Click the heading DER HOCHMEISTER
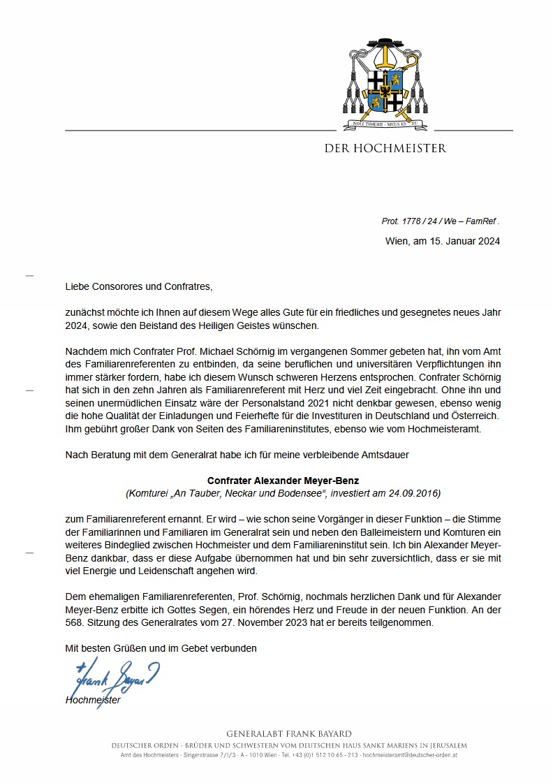pos(385,148)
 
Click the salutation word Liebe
pos(78,286)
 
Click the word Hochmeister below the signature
pos(93,700)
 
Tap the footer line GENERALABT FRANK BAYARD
pos(289,733)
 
